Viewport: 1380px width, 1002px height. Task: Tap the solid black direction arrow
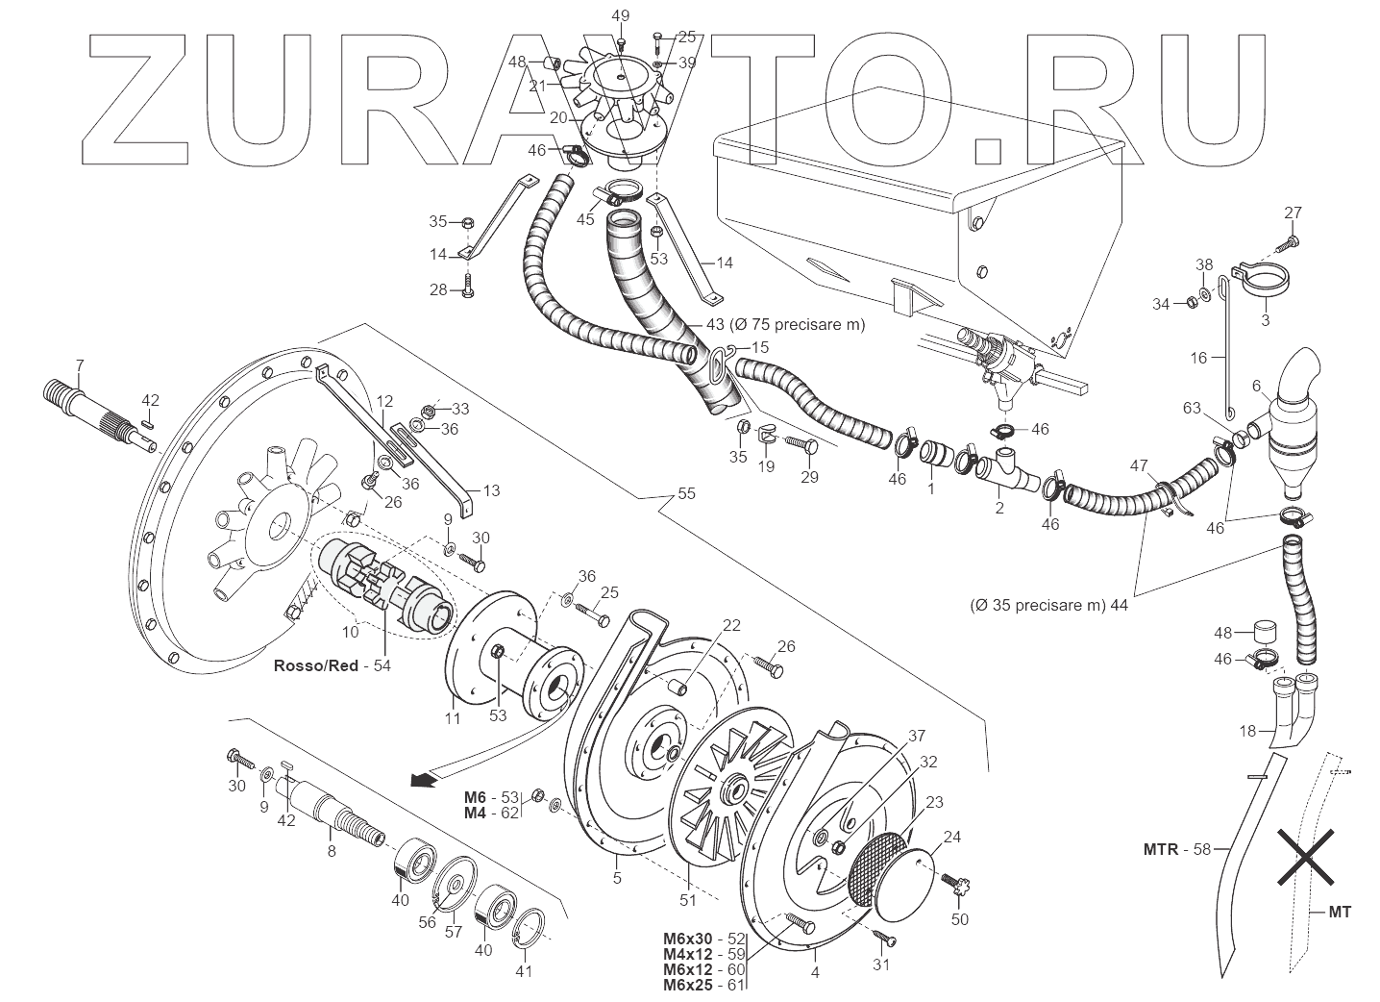(419, 779)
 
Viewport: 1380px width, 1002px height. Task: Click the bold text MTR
(1163, 849)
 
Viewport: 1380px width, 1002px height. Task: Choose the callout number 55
(686, 493)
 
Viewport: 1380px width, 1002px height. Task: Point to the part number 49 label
(620, 15)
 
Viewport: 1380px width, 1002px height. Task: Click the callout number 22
(731, 625)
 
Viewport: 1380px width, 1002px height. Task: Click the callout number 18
(1247, 732)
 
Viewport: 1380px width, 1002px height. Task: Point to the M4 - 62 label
(490, 813)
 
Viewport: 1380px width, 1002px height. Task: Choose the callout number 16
(1198, 358)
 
